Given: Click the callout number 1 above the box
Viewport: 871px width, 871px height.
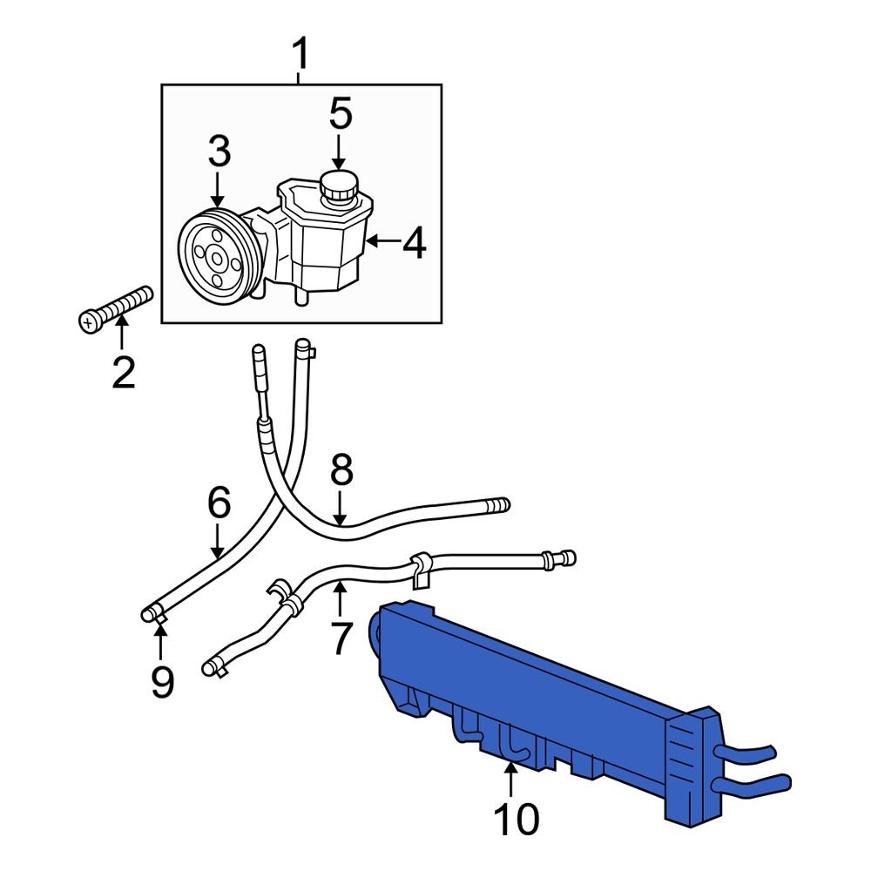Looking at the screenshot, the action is (300, 54).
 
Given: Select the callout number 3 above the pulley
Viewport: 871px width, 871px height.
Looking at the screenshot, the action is (219, 151).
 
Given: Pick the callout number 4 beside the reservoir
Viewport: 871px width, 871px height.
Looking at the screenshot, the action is (415, 243).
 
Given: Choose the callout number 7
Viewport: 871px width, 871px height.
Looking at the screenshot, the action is (341, 638).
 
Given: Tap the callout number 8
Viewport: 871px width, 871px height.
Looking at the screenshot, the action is (341, 469).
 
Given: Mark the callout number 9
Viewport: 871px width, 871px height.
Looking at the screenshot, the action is (162, 682).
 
